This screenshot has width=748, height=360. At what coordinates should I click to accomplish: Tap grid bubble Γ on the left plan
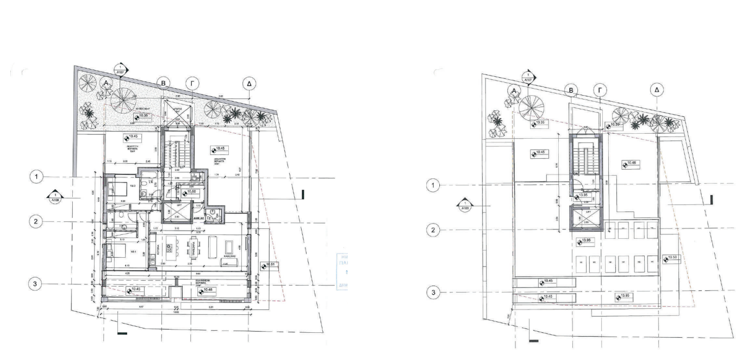[x=192, y=83]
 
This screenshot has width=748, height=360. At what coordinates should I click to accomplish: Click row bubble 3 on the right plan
[x=433, y=293]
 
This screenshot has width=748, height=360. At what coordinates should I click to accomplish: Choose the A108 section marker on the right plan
[x=464, y=205]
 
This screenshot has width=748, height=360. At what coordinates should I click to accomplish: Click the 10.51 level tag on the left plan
[x=272, y=265]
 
